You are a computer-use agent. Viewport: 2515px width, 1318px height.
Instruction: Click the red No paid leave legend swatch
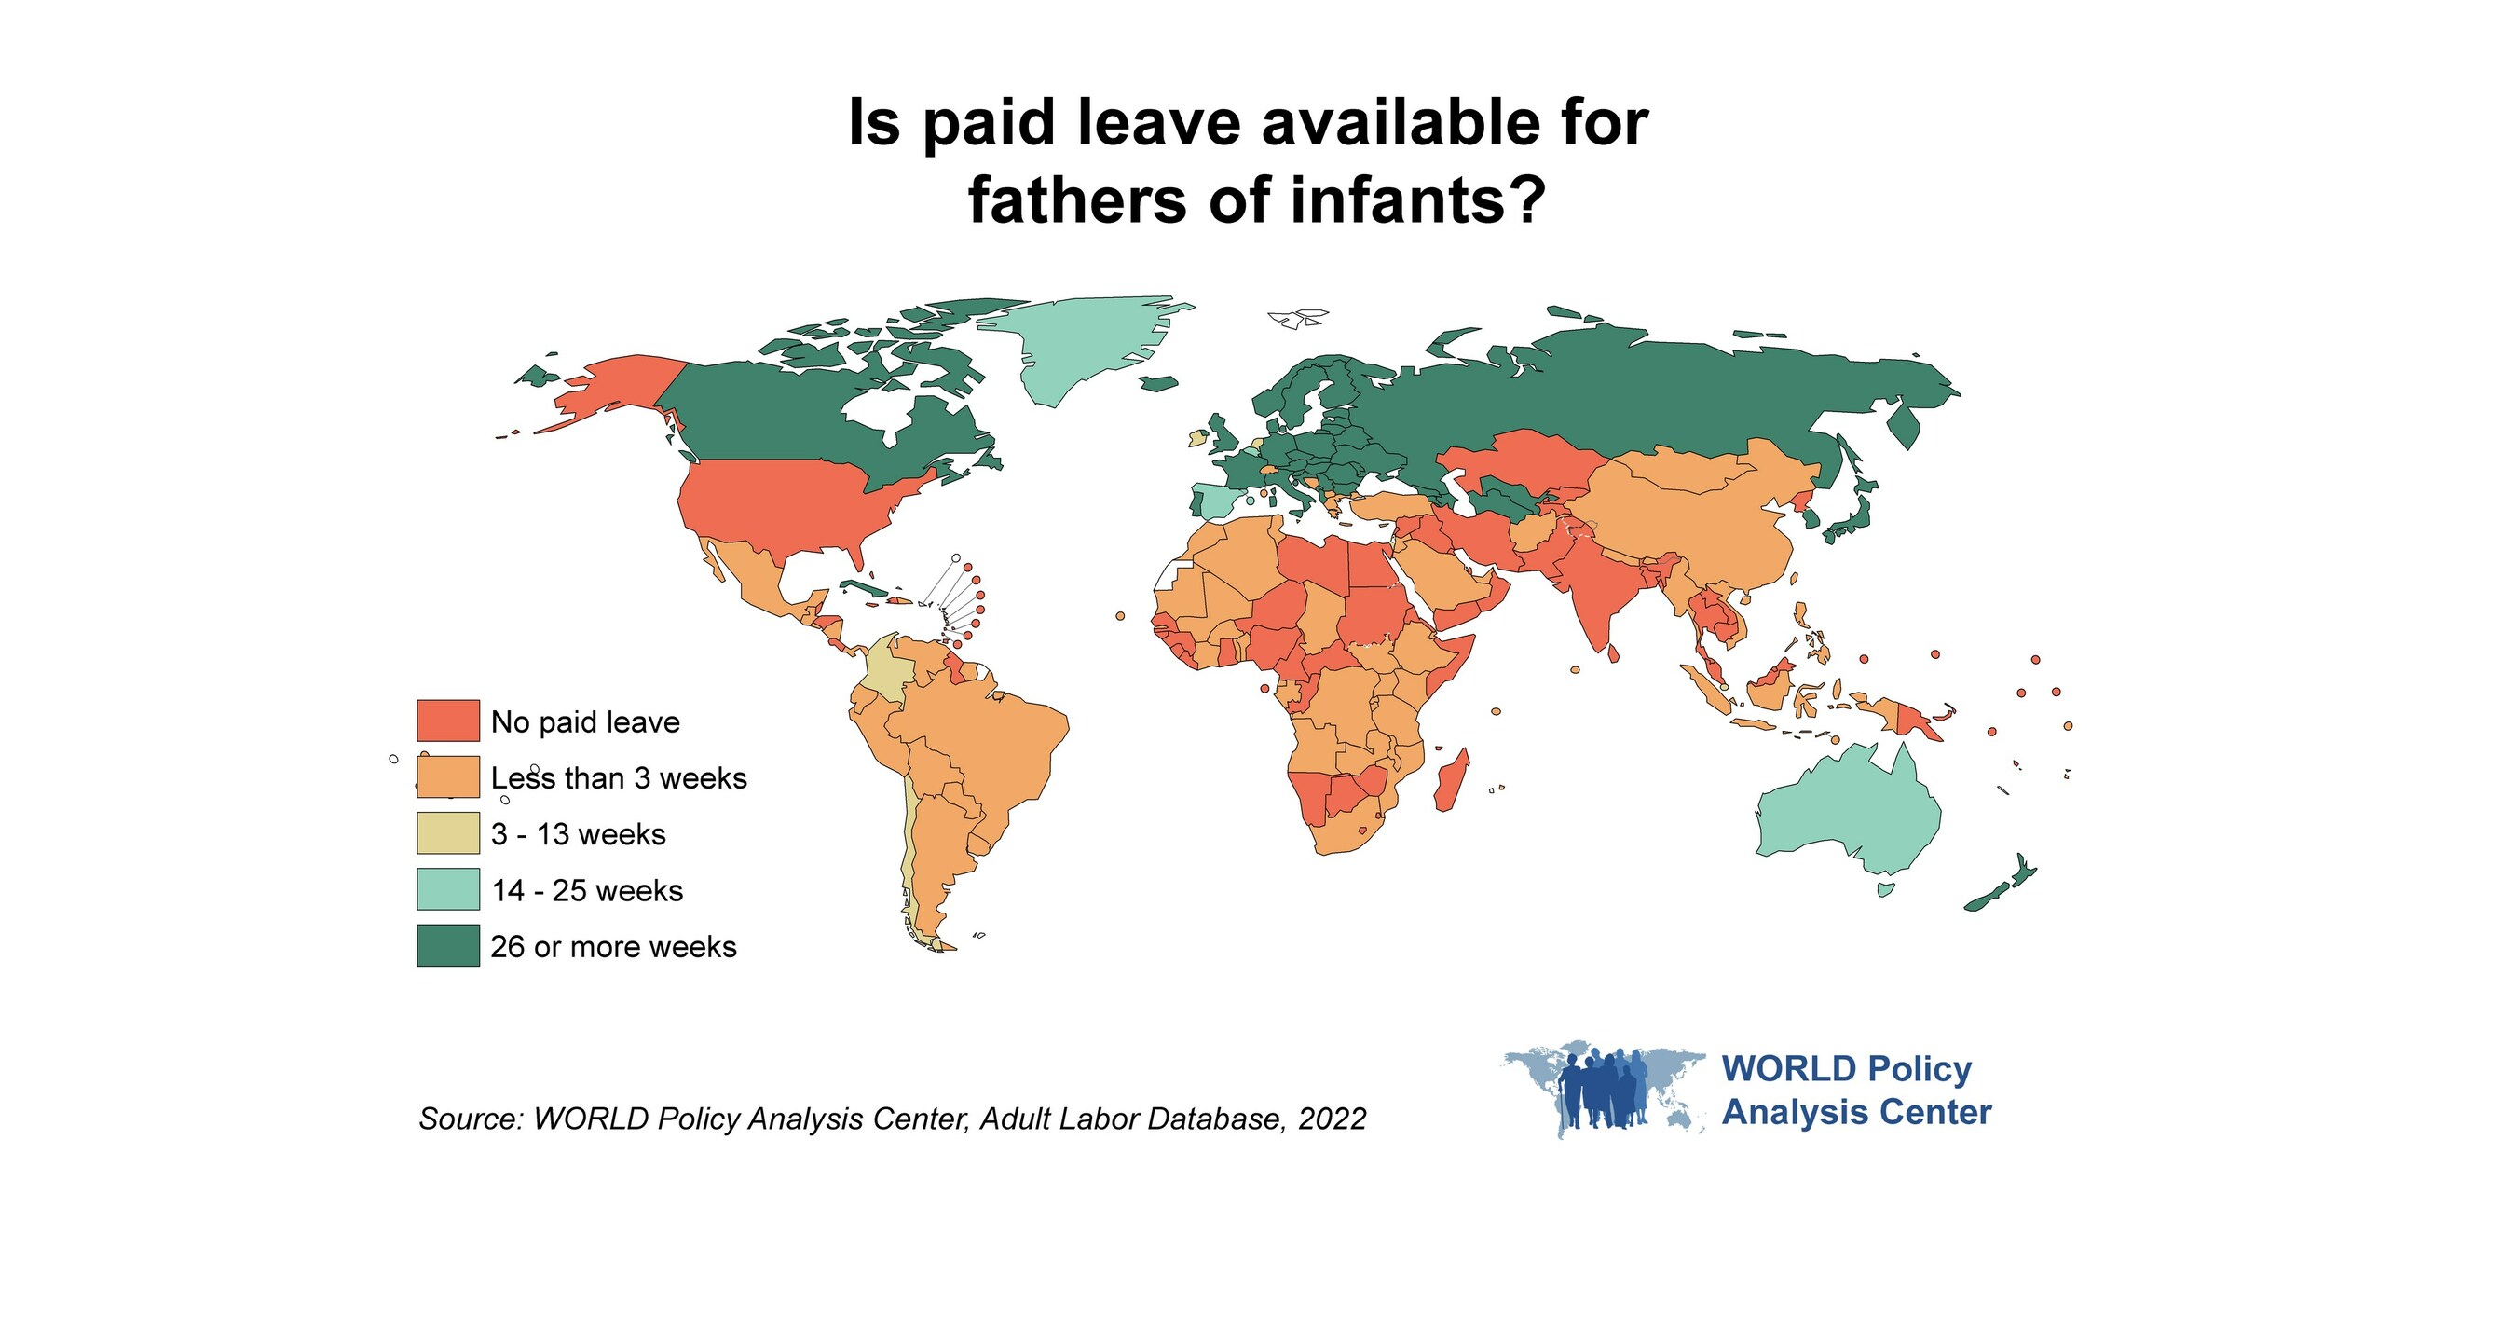point(448,721)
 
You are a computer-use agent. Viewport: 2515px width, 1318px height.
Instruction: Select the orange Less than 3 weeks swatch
point(448,777)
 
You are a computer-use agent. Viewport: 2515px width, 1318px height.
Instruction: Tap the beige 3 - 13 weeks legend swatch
point(448,833)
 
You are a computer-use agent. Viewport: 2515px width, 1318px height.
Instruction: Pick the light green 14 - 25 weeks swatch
point(448,889)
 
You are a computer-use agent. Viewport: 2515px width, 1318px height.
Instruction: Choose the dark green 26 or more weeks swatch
point(448,946)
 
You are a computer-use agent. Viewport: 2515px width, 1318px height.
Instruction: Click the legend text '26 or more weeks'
point(613,947)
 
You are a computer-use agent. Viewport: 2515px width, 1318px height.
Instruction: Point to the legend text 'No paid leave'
point(585,722)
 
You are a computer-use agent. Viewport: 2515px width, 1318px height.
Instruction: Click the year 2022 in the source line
point(1332,1119)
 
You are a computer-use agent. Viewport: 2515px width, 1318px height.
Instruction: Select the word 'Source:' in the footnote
point(472,1119)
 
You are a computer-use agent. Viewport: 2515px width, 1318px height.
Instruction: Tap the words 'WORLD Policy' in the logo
point(1846,1069)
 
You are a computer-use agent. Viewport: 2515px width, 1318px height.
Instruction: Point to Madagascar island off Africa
point(1452,781)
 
